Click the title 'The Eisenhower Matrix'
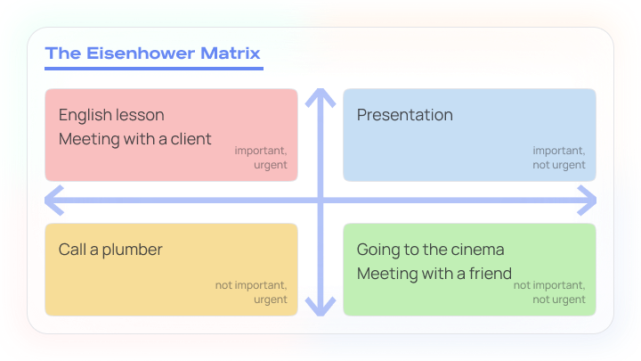(153, 53)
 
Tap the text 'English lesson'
(111, 115)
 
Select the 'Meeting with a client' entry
(134, 139)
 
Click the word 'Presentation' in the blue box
(404, 115)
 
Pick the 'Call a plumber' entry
(110, 250)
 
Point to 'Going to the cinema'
(430, 250)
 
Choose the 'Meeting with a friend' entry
(434, 273)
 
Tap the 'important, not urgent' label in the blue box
(558, 158)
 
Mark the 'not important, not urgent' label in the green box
(549, 292)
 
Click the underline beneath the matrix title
(153, 68)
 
